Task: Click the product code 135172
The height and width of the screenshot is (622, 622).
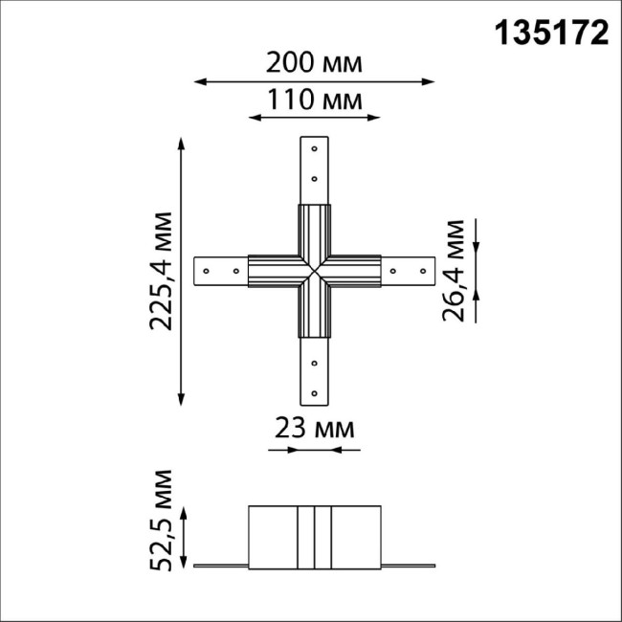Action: [x=553, y=33]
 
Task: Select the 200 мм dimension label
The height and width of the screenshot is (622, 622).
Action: [x=315, y=63]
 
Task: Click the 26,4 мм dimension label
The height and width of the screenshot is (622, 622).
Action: [x=455, y=271]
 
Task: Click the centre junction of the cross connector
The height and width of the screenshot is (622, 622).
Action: [x=315, y=272]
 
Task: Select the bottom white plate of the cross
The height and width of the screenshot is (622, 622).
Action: [x=315, y=373]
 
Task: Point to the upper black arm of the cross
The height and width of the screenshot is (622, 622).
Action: [x=315, y=230]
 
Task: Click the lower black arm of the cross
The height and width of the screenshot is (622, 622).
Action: [x=315, y=314]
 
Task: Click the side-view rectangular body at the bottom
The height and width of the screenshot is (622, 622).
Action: [x=315, y=537]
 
